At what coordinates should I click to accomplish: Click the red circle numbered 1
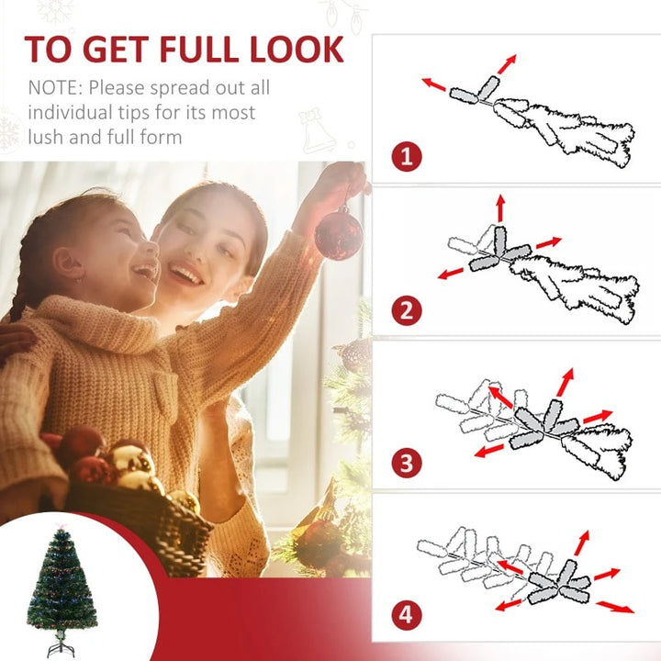point(408,156)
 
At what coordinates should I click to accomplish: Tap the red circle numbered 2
point(408,310)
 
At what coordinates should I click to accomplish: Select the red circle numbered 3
point(408,462)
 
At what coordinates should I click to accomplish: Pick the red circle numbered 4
point(408,613)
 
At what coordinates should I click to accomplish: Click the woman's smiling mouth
point(186,274)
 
